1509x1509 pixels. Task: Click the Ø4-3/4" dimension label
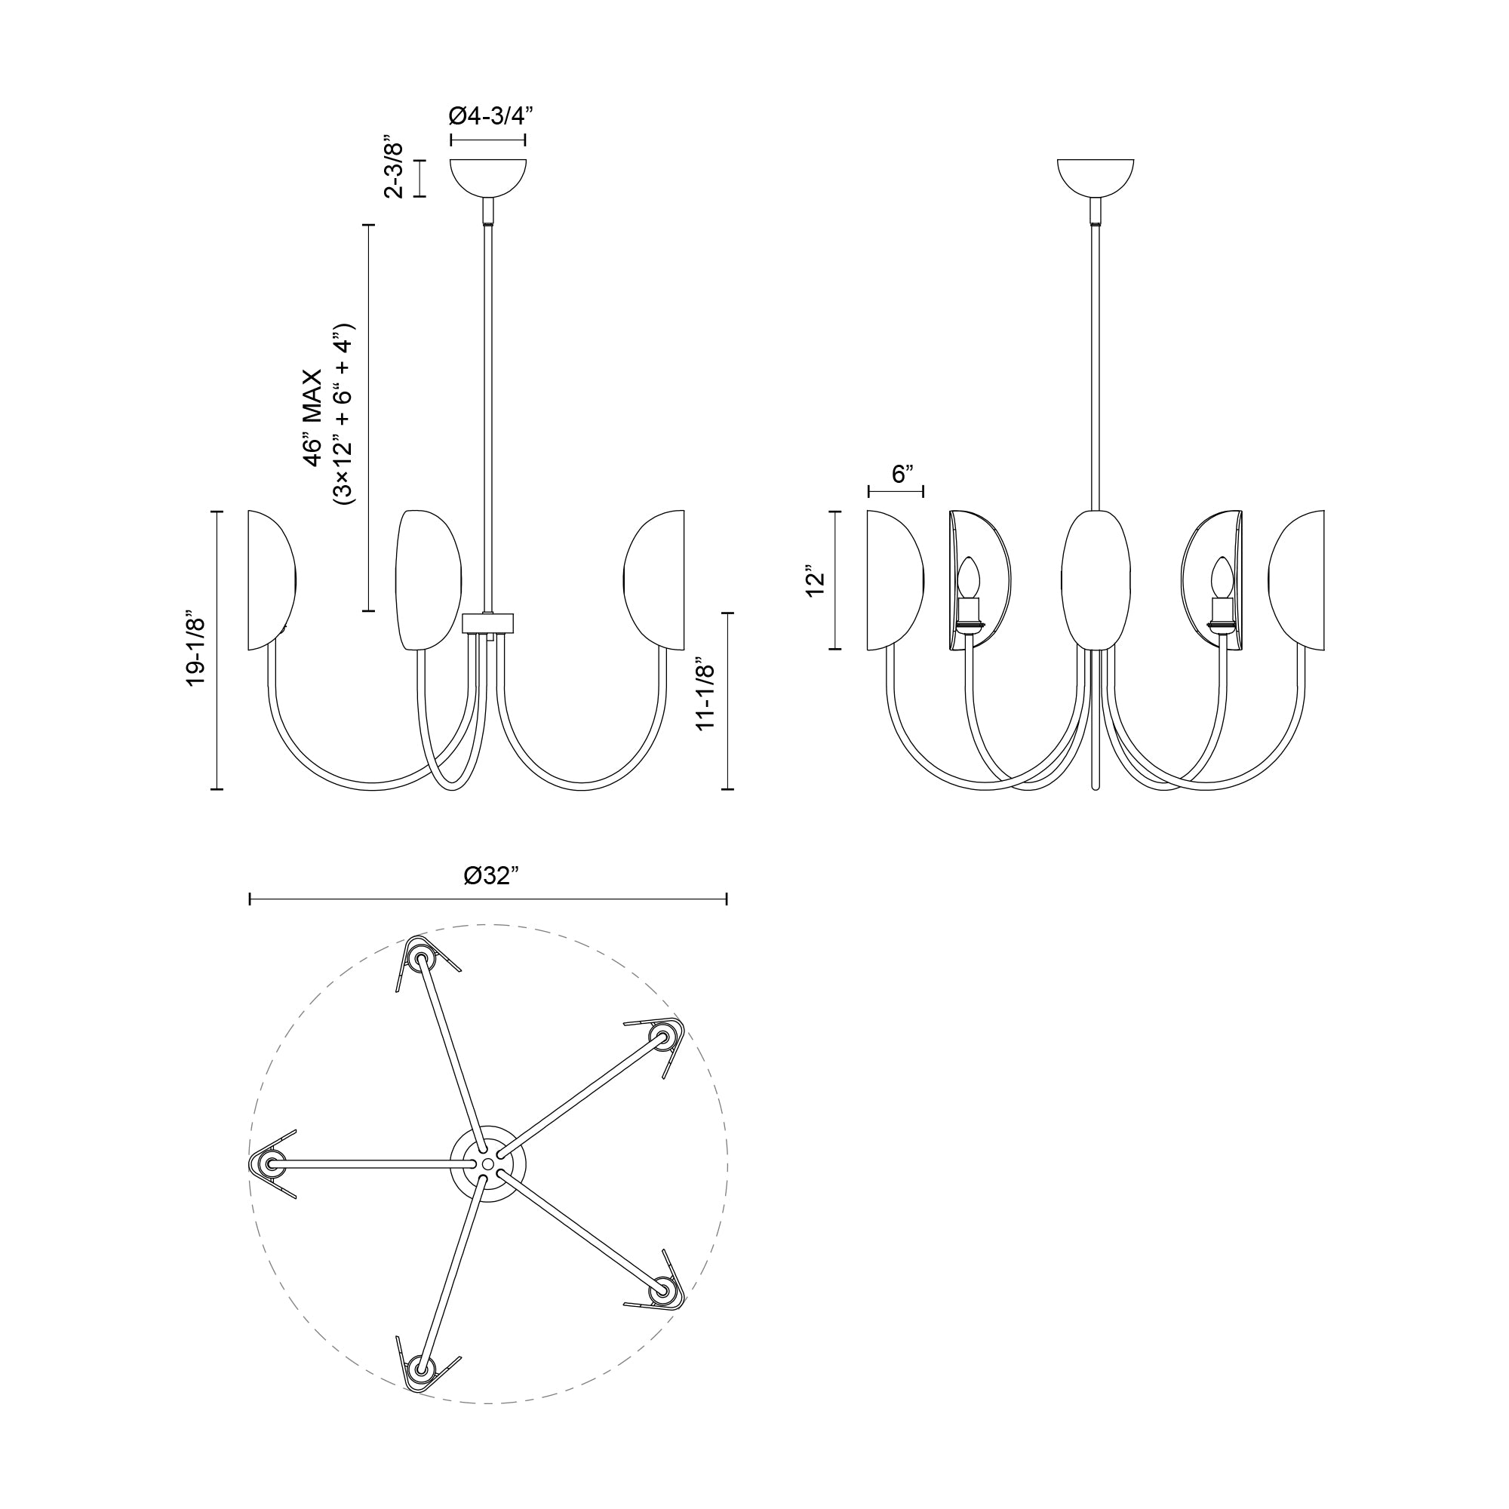click(x=490, y=116)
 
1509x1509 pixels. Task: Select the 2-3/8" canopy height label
click(x=395, y=170)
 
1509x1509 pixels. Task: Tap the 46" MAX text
click(x=313, y=418)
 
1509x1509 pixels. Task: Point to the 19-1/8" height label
click(x=195, y=650)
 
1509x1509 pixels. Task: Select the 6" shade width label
click(x=902, y=473)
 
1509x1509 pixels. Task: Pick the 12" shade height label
click(x=816, y=579)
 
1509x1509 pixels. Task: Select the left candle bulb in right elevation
click(x=969, y=578)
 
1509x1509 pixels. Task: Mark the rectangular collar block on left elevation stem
click(x=489, y=622)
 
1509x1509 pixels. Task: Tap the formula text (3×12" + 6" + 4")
click(x=343, y=414)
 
